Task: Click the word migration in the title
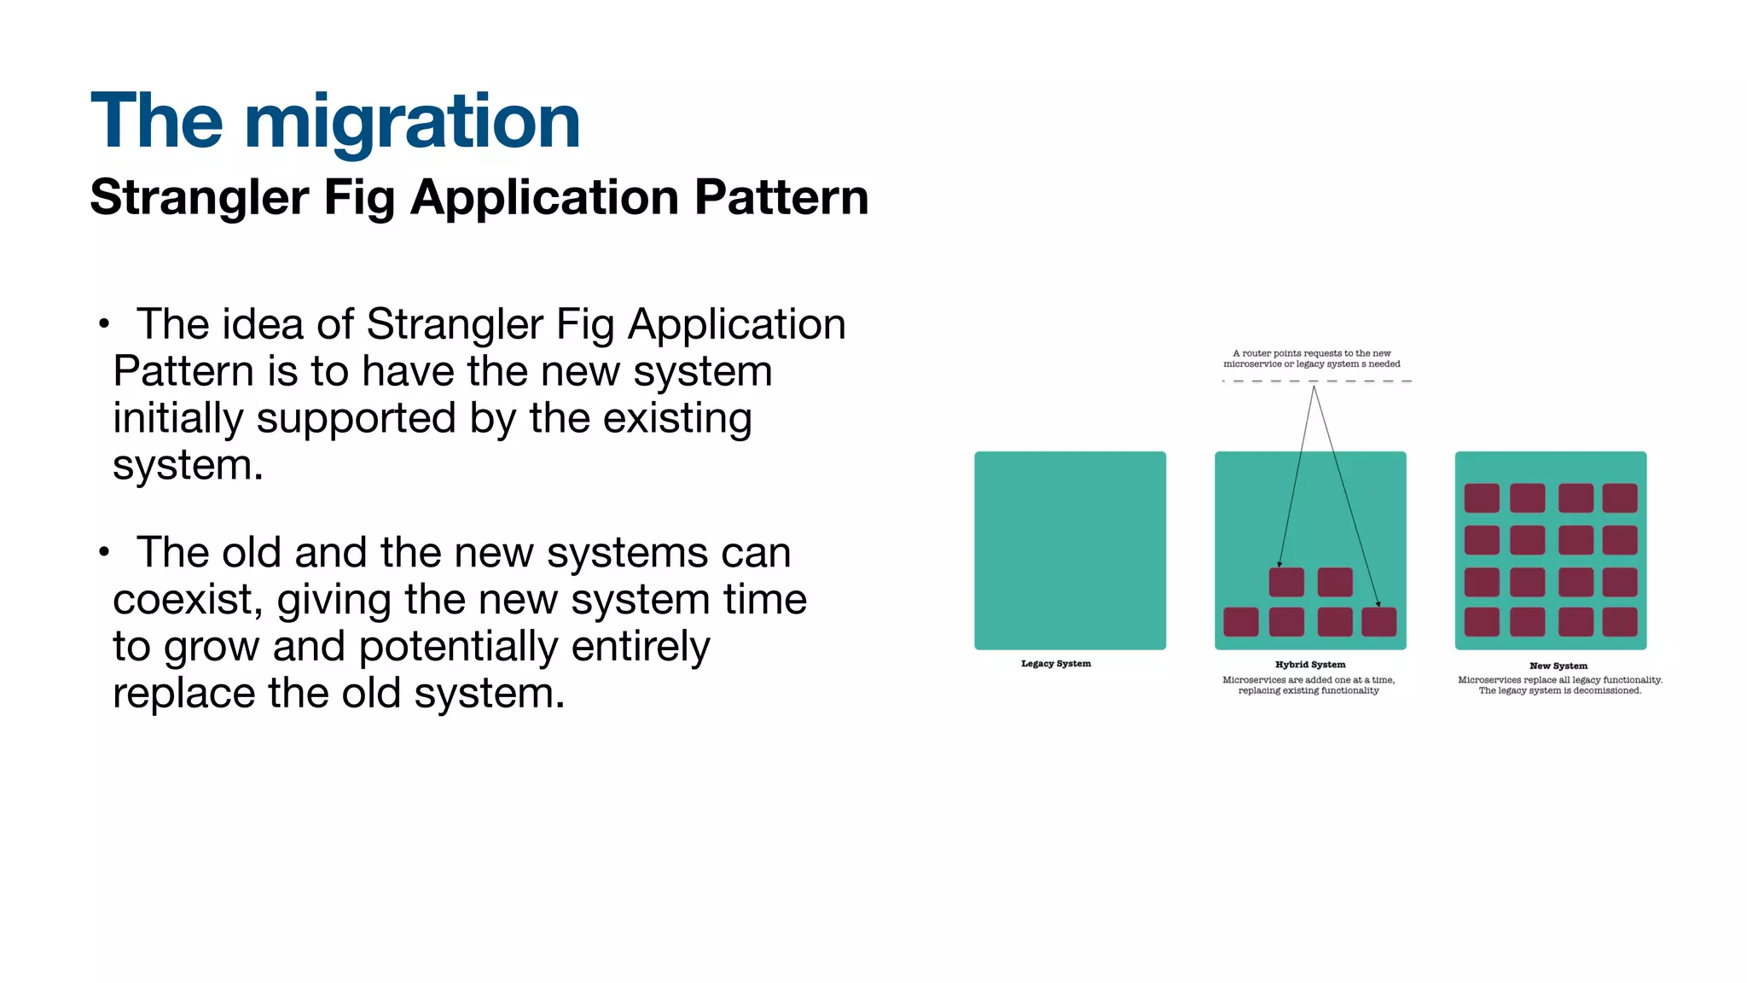point(412,121)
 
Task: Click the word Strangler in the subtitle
point(199,197)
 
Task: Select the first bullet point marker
point(104,324)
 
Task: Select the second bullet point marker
point(104,552)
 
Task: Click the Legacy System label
point(1055,664)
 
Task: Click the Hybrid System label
point(1309,665)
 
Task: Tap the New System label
point(1558,666)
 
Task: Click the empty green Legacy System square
point(1070,550)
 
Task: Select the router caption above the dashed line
point(1311,358)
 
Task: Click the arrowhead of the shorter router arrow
point(1280,564)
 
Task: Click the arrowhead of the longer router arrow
point(1378,604)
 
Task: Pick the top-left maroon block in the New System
point(1481,497)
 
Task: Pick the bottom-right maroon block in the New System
point(1619,622)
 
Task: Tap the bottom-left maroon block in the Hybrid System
point(1240,622)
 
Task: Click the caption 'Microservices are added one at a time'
point(1309,680)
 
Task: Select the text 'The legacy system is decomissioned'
point(1559,690)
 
